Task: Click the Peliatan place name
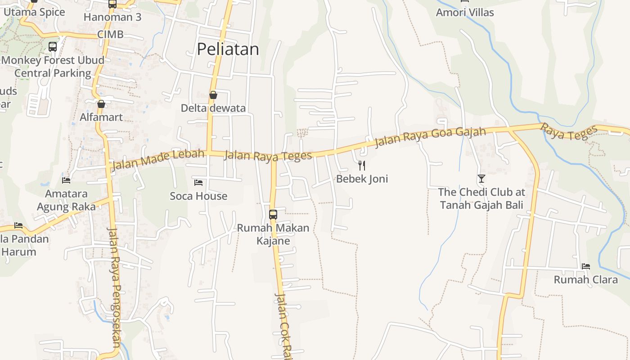click(228, 49)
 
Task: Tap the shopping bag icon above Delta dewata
click(213, 95)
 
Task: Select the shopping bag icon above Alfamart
click(101, 104)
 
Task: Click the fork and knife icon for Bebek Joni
click(362, 165)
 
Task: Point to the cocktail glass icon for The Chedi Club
click(481, 179)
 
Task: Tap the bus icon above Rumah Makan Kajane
click(273, 214)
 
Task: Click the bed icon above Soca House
click(198, 183)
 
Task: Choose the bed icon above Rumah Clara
click(585, 266)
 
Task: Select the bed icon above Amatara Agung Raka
click(66, 180)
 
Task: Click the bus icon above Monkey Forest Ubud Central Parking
click(53, 46)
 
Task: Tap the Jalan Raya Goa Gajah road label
click(431, 137)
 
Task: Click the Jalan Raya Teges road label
click(268, 156)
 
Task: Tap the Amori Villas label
click(465, 13)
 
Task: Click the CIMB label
click(110, 35)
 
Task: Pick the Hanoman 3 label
click(112, 18)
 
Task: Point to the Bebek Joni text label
click(362, 179)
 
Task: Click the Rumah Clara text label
click(585, 280)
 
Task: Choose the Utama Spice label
click(34, 12)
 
